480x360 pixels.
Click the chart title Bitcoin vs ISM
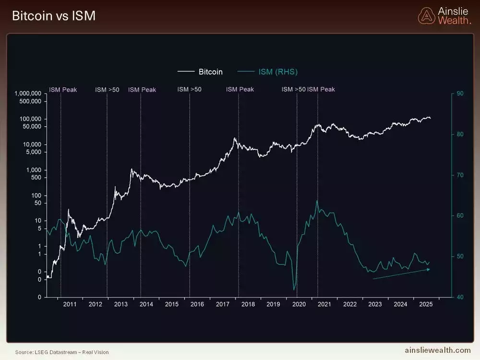click(53, 16)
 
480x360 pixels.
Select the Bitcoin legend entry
click(200, 72)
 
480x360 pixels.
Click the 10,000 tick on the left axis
click(32, 144)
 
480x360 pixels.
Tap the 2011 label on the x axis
click(70, 304)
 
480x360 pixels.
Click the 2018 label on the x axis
click(248, 304)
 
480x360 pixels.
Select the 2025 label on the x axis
click(426, 304)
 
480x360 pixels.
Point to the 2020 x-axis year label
click(299, 304)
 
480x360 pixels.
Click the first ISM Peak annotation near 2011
click(63, 90)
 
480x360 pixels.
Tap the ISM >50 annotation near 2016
click(190, 90)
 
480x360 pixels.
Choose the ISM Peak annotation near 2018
click(240, 90)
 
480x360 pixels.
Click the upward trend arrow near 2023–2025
click(401, 274)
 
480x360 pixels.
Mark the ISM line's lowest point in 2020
click(294, 290)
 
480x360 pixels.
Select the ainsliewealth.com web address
click(438, 351)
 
